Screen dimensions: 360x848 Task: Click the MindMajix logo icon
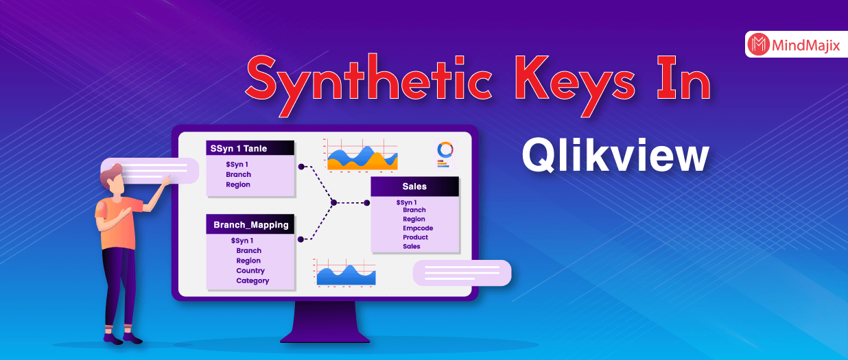[x=758, y=45]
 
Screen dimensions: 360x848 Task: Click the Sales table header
[x=414, y=187]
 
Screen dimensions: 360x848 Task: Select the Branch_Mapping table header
[x=250, y=224]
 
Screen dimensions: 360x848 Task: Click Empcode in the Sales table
[x=418, y=228]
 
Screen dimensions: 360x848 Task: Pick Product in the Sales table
[x=415, y=237]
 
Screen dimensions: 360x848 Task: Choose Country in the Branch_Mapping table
[x=250, y=271]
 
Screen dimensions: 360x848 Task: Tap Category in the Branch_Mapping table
[x=252, y=280]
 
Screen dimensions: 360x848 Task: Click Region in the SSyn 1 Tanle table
[x=238, y=184]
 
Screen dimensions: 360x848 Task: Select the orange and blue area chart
[x=362, y=157]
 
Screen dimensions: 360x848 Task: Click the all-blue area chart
[x=345, y=274]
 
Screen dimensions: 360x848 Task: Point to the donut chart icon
[x=445, y=149]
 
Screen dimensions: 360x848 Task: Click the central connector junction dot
[x=333, y=202]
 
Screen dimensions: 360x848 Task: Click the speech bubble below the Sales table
[x=462, y=273]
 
